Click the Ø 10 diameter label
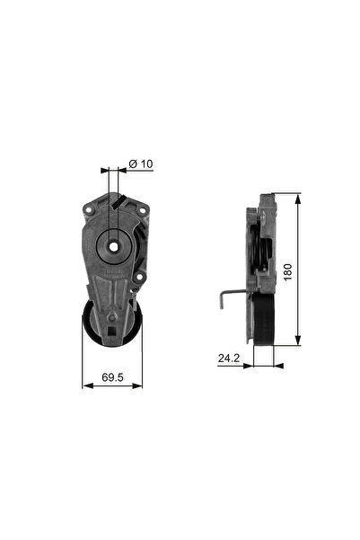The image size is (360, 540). click(142, 164)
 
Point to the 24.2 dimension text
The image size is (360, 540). click(228, 358)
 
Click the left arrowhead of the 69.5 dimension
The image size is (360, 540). click(85, 385)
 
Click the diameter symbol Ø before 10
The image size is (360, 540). click(133, 164)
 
